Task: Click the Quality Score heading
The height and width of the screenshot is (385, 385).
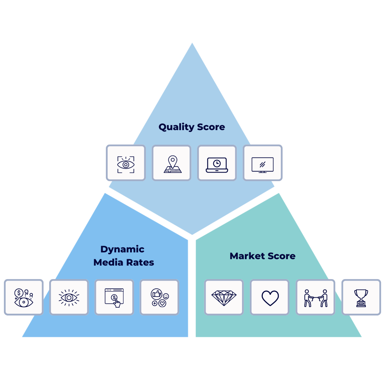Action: click(192, 127)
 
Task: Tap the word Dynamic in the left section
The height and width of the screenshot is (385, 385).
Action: click(122, 249)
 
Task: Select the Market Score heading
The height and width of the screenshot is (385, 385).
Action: click(262, 256)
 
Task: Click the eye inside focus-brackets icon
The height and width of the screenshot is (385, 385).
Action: click(125, 163)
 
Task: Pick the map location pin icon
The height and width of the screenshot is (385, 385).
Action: click(171, 163)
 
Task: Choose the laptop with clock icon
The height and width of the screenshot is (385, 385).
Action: click(217, 163)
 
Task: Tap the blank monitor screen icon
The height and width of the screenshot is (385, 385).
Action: click(262, 163)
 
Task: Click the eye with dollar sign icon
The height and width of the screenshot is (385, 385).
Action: click(24, 297)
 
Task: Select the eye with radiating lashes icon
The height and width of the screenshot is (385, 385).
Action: click(69, 297)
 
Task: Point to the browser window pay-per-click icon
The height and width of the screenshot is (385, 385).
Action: click(114, 297)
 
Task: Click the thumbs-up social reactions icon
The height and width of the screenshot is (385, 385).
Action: click(159, 297)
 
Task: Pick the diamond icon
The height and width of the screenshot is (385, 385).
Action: click(224, 297)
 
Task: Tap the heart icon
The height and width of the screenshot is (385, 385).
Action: click(270, 297)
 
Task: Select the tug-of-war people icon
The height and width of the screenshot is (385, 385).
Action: click(315, 297)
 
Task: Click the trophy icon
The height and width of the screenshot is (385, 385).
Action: click(361, 297)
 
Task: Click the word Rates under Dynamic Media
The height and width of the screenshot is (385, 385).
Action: click(141, 262)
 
